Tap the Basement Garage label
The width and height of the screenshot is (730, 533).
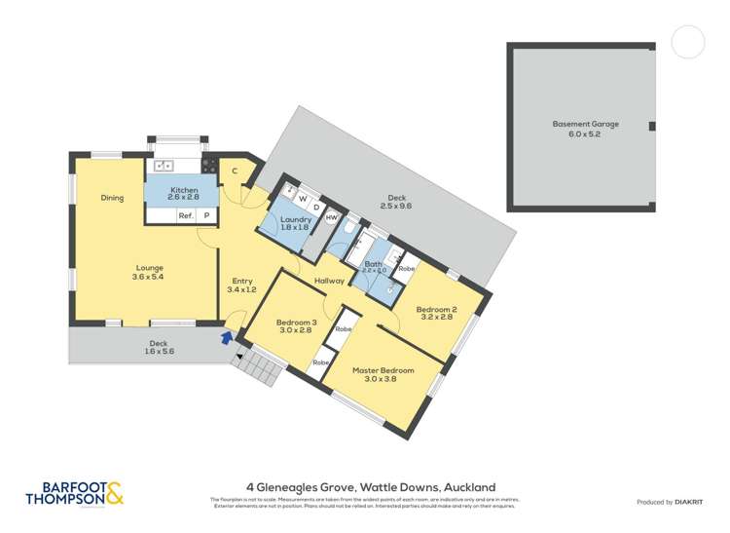coord(585,129)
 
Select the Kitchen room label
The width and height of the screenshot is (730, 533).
coord(184,194)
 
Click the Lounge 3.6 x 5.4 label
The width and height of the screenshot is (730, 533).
coord(149,273)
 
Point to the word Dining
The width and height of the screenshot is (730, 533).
coord(112,199)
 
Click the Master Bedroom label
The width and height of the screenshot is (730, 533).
coord(383,375)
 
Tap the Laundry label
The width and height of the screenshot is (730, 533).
coord(295,224)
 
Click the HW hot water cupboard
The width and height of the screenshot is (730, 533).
coord(332,218)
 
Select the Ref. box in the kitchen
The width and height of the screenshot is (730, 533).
coord(185,216)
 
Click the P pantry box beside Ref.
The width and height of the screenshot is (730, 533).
coord(206,216)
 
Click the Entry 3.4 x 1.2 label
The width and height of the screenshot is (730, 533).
coord(240,286)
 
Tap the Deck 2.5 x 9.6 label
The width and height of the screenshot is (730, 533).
coord(396,203)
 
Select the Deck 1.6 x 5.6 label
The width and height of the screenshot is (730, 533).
coord(158,348)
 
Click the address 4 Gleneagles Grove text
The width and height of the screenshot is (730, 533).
coord(371,486)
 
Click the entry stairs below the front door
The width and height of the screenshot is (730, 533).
coord(258,367)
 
